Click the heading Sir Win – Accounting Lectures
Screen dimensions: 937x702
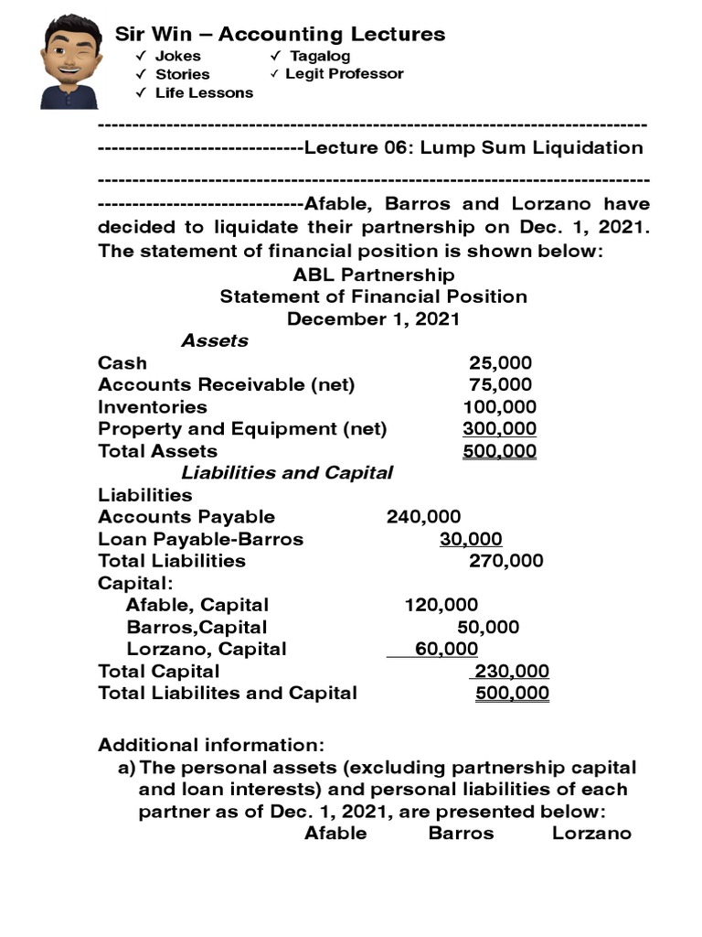click(x=280, y=35)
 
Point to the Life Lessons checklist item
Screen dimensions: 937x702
click(x=204, y=92)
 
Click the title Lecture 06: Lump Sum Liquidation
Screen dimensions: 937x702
click(x=473, y=147)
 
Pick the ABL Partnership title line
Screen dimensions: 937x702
click(x=373, y=275)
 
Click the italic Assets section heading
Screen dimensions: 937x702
click(x=214, y=340)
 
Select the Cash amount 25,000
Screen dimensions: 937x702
click(x=500, y=363)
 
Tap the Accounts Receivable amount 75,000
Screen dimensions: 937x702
click(x=500, y=385)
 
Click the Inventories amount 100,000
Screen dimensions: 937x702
click(x=500, y=407)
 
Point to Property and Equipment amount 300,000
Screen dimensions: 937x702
click(x=500, y=429)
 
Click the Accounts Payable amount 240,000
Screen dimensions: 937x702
click(x=423, y=517)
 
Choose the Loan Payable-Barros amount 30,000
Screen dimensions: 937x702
click(x=471, y=539)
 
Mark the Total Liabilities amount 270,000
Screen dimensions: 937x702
click(x=505, y=561)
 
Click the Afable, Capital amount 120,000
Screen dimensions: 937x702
click(x=441, y=605)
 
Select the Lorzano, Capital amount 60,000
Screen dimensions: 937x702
click(x=446, y=649)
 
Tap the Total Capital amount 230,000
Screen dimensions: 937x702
click(x=512, y=671)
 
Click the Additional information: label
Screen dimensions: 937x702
click(x=211, y=745)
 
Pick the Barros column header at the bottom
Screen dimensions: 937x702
click(x=461, y=834)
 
